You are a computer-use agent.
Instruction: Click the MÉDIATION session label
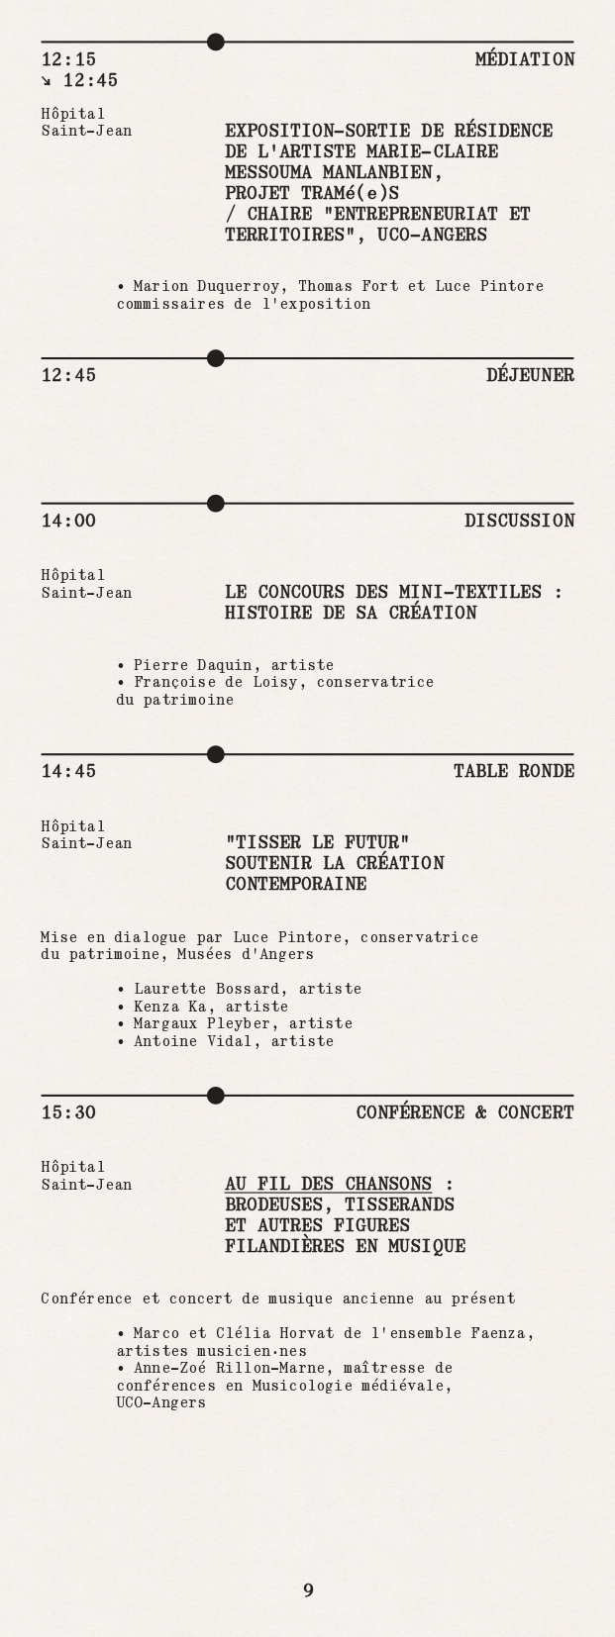click(x=524, y=59)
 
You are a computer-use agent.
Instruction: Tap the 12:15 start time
click(x=68, y=59)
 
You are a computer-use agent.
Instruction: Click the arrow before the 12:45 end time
click(x=48, y=80)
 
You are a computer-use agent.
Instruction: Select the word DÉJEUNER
click(x=530, y=375)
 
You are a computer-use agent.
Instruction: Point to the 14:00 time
click(x=68, y=521)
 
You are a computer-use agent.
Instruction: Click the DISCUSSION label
click(x=519, y=521)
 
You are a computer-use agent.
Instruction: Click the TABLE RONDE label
click(x=513, y=771)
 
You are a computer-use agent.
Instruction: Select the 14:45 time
click(x=68, y=771)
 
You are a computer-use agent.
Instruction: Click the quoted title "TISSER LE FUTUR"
click(x=317, y=842)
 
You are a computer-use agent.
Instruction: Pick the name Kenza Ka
click(x=170, y=1007)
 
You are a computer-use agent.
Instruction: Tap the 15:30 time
click(x=68, y=1112)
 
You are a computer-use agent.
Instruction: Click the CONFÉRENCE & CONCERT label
click(x=464, y=1112)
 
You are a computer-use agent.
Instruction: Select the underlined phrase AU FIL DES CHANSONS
click(x=328, y=1184)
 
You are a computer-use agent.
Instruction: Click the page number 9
click(x=308, y=1590)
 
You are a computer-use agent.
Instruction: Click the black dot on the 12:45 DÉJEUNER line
click(x=216, y=358)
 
